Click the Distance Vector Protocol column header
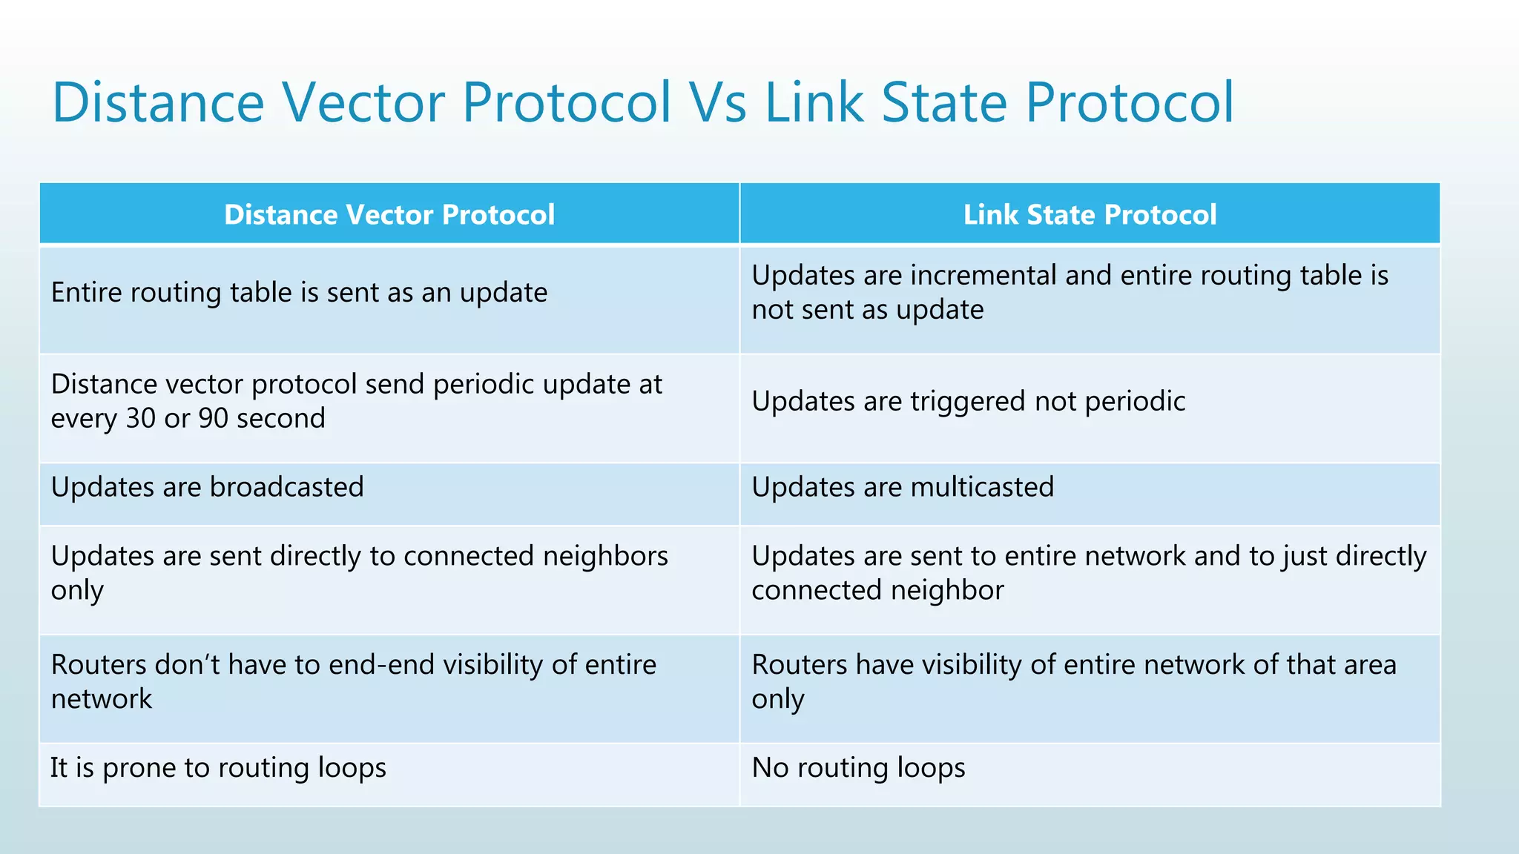(x=389, y=214)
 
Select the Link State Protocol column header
(x=1090, y=214)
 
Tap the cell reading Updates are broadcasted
(x=208, y=487)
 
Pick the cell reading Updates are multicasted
(x=903, y=487)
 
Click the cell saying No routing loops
(x=858, y=768)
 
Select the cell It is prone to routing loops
(x=218, y=768)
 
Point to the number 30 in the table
(x=141, y=418)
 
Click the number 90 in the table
(x=214, y=418)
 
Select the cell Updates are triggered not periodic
(x=968, y=402)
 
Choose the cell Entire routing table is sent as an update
(x=299, y=293)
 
